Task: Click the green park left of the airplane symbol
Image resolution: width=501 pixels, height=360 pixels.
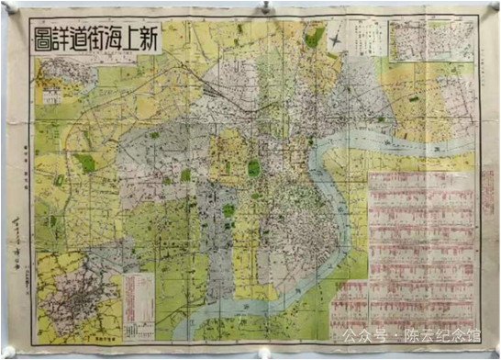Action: pos(315,39)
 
